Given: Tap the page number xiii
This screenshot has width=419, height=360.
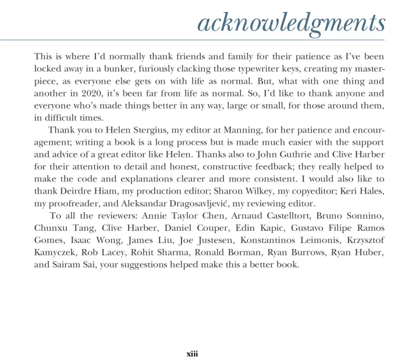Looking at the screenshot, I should (x=192, y=353).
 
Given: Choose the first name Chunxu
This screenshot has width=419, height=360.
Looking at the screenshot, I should (x=50, y=228).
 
